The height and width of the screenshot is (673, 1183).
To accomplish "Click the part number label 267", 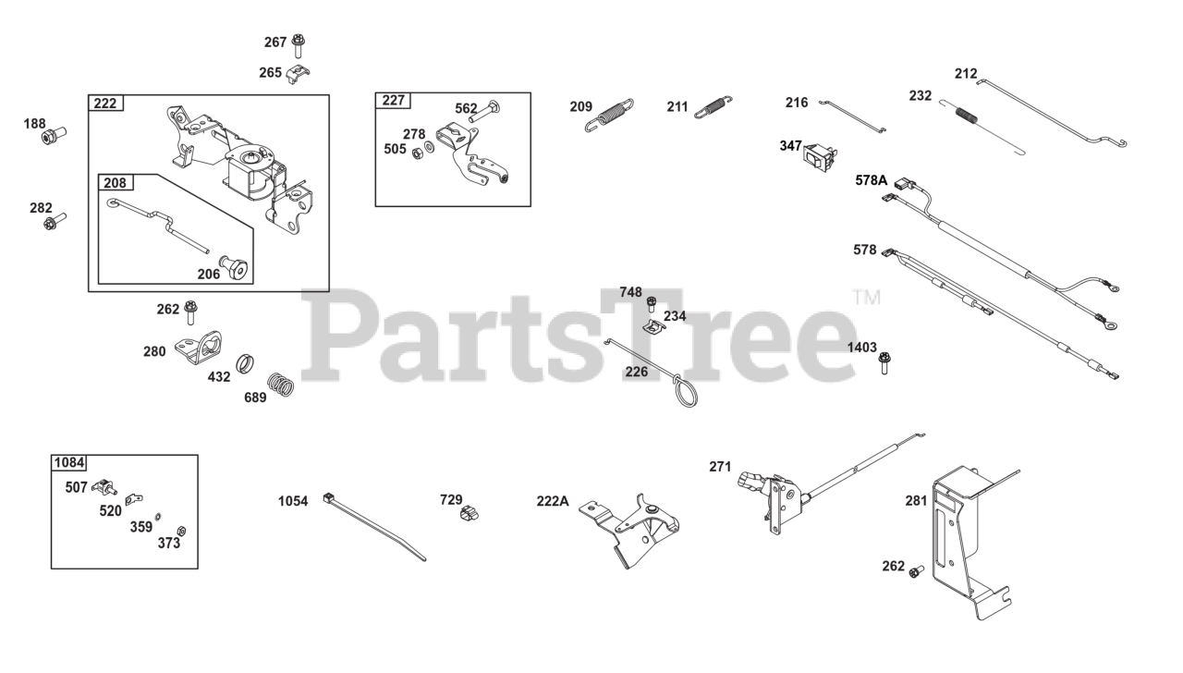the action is click(x=275, y=42).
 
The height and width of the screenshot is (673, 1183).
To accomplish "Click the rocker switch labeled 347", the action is click(x=821, y=158).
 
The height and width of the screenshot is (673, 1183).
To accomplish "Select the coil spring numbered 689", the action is click(x=281, y=383).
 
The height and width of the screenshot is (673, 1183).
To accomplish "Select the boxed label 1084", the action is click(x=68, y=462).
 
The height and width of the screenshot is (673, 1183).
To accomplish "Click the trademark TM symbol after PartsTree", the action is click(x=866, y=298).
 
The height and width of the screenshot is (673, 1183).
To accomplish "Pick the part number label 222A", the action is click(x=553, y=501).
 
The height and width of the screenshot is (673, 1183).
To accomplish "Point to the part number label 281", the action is click(x=915, y=501).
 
